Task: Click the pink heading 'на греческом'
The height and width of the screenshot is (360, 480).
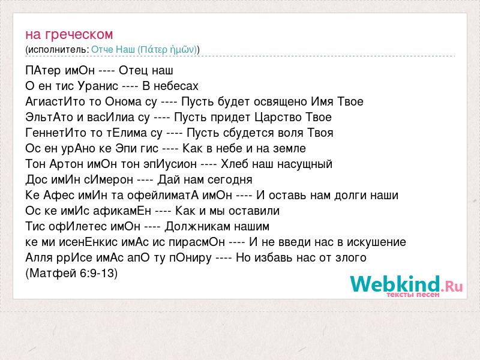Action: (69, 35)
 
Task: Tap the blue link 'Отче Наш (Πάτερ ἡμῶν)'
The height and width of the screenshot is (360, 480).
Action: (144, 50)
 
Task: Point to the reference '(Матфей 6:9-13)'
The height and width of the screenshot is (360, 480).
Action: (71, 273)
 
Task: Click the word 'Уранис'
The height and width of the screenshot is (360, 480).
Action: (98, 86)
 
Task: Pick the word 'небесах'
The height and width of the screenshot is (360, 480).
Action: (176, 86)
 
